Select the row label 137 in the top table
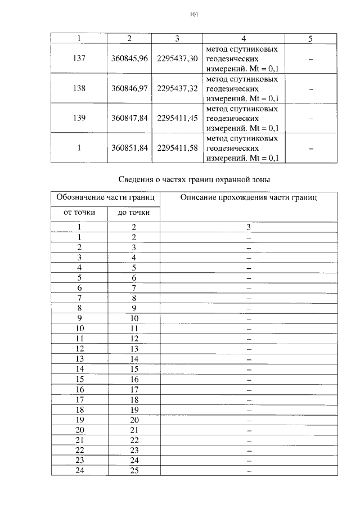[79, 58]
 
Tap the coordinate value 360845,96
[129, 58]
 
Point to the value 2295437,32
[177, 88]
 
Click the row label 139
[79, 118]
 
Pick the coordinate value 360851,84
[129, 148]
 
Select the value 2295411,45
[177, 118]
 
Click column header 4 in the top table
[244, 38]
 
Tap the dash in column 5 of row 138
[311, 89]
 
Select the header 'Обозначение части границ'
[105, 198]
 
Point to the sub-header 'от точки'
[79, 213]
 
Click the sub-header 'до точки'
[133, 213]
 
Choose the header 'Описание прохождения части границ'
[249, 198]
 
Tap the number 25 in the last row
[134, 470]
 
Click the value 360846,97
[129, 88]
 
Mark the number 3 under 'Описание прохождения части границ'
[248, 227]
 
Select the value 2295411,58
[177, 148]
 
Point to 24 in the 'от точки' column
[79, 470]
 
